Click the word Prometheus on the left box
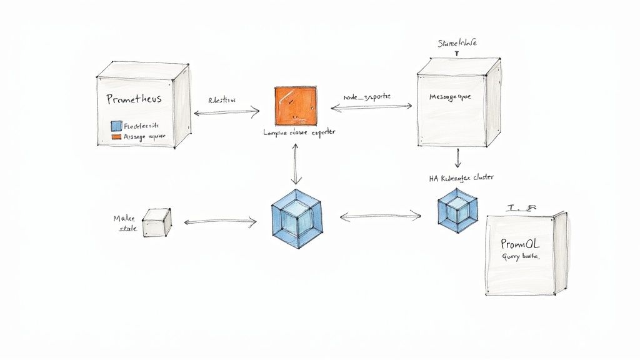(x=134, y=99)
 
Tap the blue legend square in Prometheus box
(x=115, y=125)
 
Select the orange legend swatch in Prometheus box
(x=115, y=136)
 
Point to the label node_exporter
(x=367, y=97)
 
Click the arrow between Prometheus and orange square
(x=226, y=112)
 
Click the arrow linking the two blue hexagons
(x=380, y=217)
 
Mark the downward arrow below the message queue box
(x=458, y=157)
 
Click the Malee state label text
(x=124, y=223)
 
